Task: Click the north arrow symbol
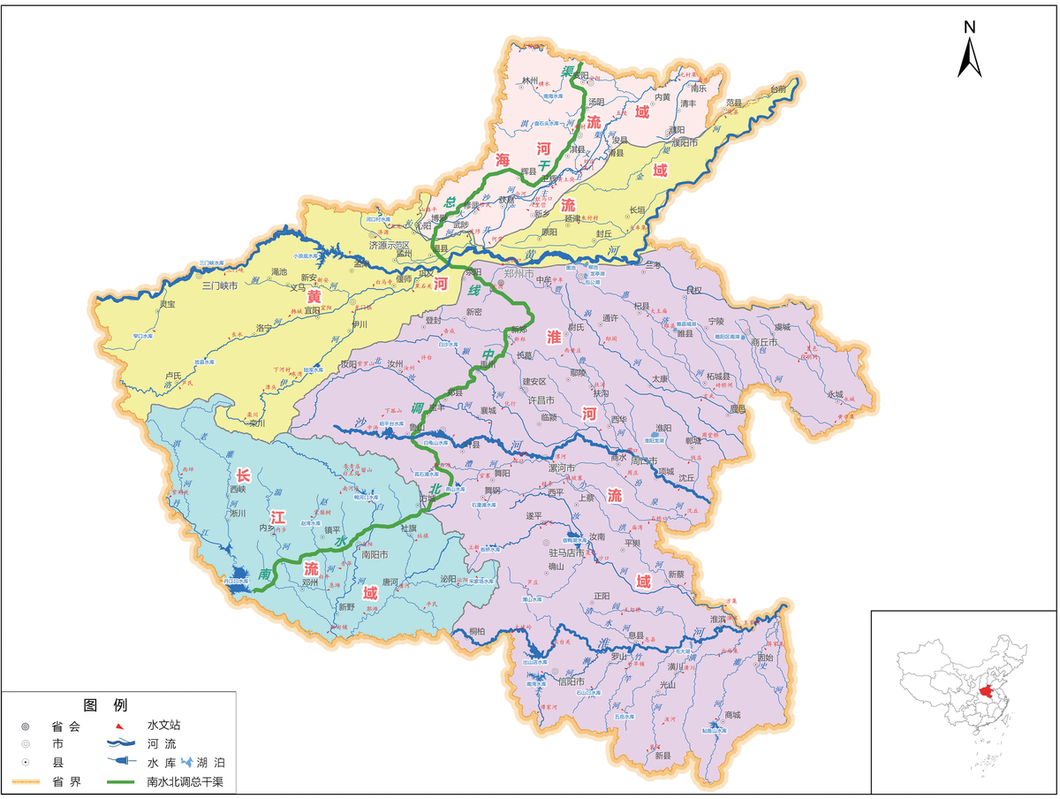969,55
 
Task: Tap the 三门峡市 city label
220,285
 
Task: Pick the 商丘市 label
763,342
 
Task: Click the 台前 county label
777,89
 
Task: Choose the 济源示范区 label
390,245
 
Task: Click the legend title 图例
105,705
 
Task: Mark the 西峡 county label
238,489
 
